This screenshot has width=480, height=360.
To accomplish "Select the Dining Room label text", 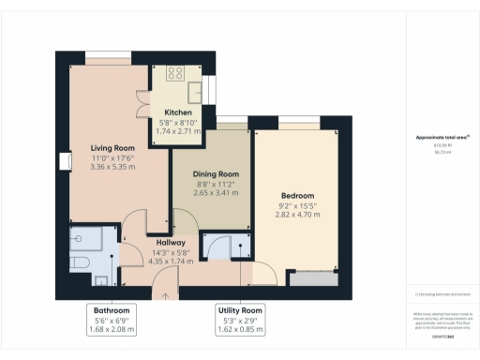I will click(x=217, y=173).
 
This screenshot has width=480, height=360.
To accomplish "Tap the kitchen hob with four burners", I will click(x=175, y=73).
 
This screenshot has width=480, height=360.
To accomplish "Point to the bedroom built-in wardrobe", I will click(x=314, y=278).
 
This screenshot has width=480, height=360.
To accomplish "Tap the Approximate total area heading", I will click(x=442, y=139).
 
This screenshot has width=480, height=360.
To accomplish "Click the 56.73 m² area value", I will click(x=442, y=153).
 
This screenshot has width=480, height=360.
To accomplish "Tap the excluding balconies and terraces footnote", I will click(x=442, y=294).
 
